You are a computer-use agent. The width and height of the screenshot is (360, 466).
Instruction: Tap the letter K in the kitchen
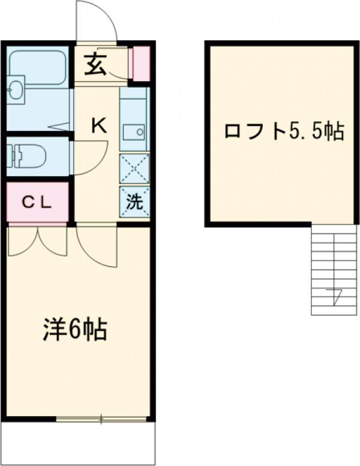click(99, 126)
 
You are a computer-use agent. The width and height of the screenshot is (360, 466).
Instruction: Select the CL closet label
click(38, 202)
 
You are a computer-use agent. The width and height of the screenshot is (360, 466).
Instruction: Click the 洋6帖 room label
click(74, 329)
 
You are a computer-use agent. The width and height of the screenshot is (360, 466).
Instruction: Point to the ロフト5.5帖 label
click(283, 132)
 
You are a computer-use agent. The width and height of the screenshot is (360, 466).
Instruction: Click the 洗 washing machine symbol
click(134, 202)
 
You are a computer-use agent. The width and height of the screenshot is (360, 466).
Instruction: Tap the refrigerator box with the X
click(134, 168)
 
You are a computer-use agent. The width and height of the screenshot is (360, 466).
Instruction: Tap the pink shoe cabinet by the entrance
click(141, 63)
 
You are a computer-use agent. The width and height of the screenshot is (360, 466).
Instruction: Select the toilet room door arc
click(90, 157)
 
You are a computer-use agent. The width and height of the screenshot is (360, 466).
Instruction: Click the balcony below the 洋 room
click(78, 441)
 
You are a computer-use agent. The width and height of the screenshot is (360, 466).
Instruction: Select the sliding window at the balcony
click(102, 418)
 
